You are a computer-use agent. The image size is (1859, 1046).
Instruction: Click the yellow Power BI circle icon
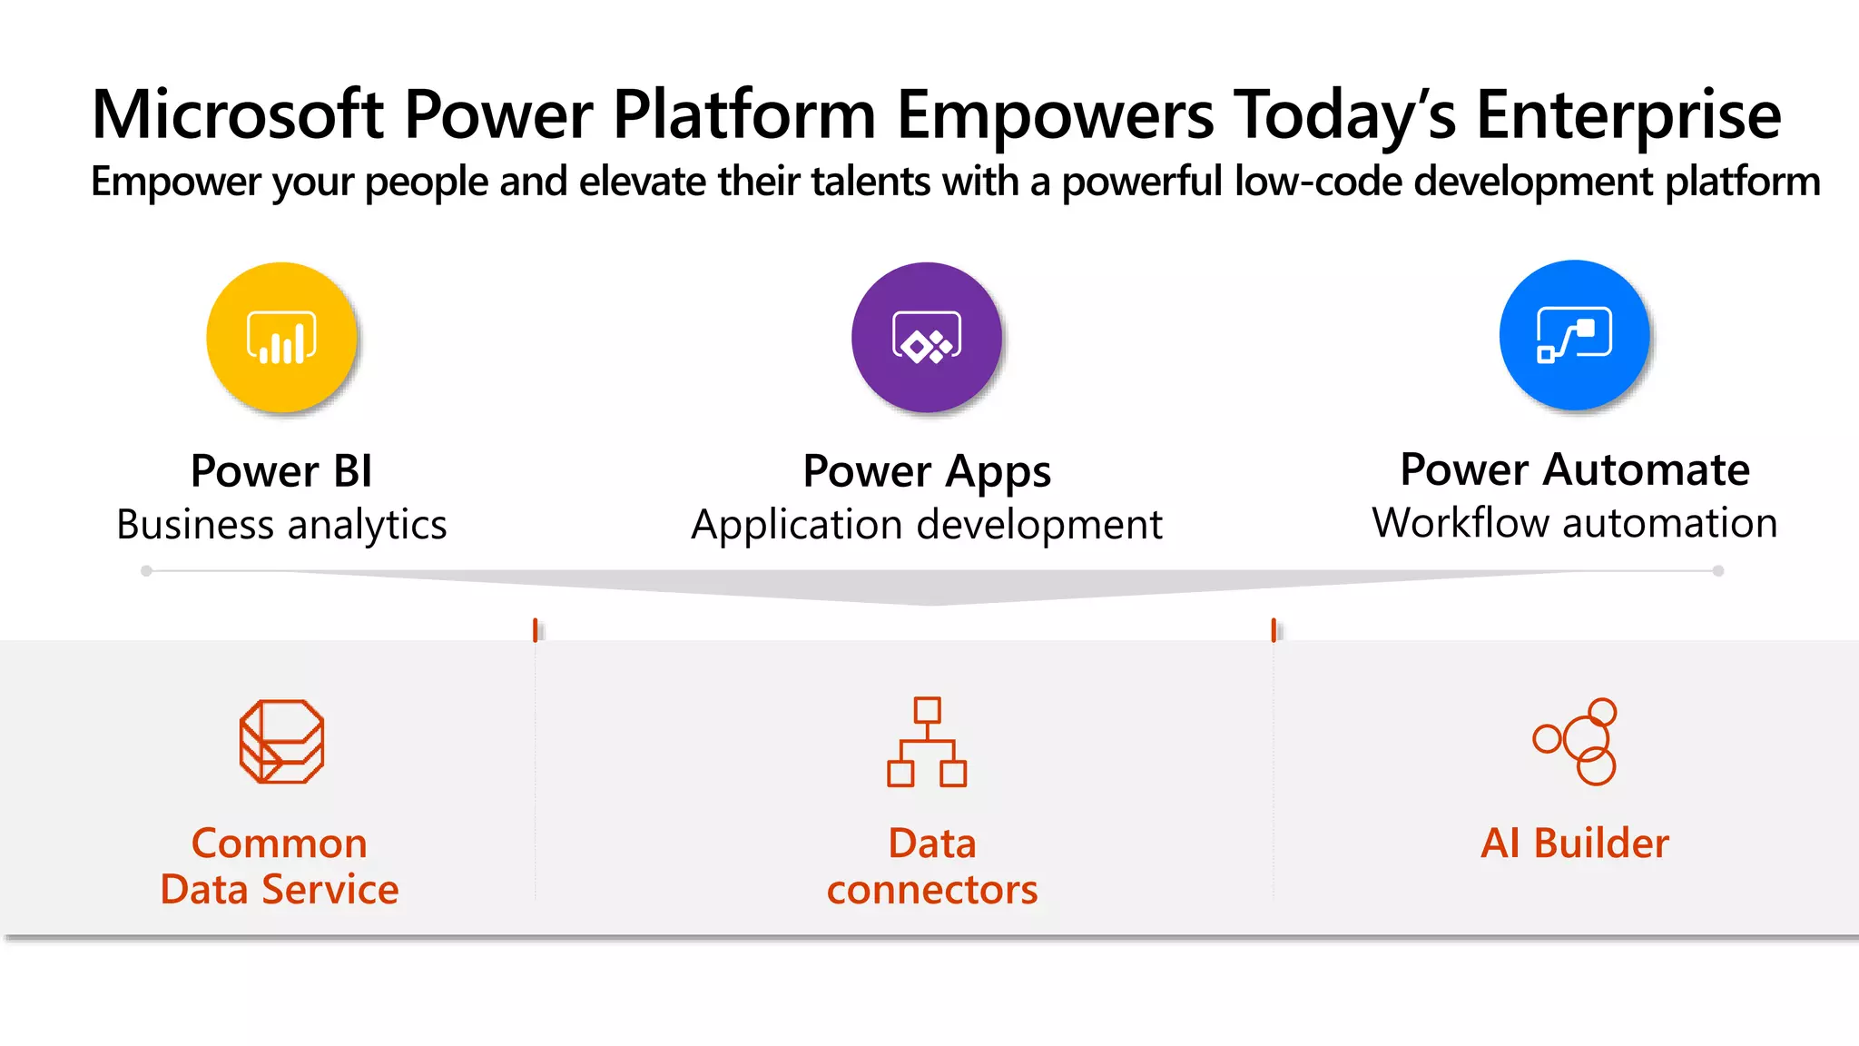tap(281, 338)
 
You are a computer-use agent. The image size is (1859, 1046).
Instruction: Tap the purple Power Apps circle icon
tap(927, 338)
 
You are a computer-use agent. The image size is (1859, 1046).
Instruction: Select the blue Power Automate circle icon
tap(1574, 335)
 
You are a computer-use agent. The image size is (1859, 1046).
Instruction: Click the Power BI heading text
tap(281, 471)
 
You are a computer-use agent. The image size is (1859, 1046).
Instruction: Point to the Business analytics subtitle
tap(281, 525)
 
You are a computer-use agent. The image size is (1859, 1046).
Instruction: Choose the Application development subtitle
tap(927, 525)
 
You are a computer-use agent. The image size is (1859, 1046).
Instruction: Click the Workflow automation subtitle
tap(1574, 523)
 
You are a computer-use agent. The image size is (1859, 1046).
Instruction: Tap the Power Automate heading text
tap(1574, 469)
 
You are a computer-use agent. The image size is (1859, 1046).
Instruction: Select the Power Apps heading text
tap(927, 471)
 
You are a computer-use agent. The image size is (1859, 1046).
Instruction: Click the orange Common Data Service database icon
tap(281, 741)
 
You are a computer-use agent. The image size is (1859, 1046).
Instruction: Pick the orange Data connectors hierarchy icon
tap(927, 741)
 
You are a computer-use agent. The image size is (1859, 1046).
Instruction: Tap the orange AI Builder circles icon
tap(1576, 741)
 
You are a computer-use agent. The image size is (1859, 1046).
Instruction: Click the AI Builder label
tap(1574, 843)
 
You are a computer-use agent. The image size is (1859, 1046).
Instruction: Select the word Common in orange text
tap(279, 844)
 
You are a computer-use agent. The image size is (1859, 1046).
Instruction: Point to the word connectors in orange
tap(931, 890)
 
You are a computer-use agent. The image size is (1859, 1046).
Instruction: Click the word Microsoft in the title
tap(238, 114)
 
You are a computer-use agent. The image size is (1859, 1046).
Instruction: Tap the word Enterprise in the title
tap(1628, 114)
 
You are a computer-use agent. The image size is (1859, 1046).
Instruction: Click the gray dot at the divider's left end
tap(146, 571)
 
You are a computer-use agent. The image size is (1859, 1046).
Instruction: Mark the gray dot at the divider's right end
tap(1717, 571)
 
